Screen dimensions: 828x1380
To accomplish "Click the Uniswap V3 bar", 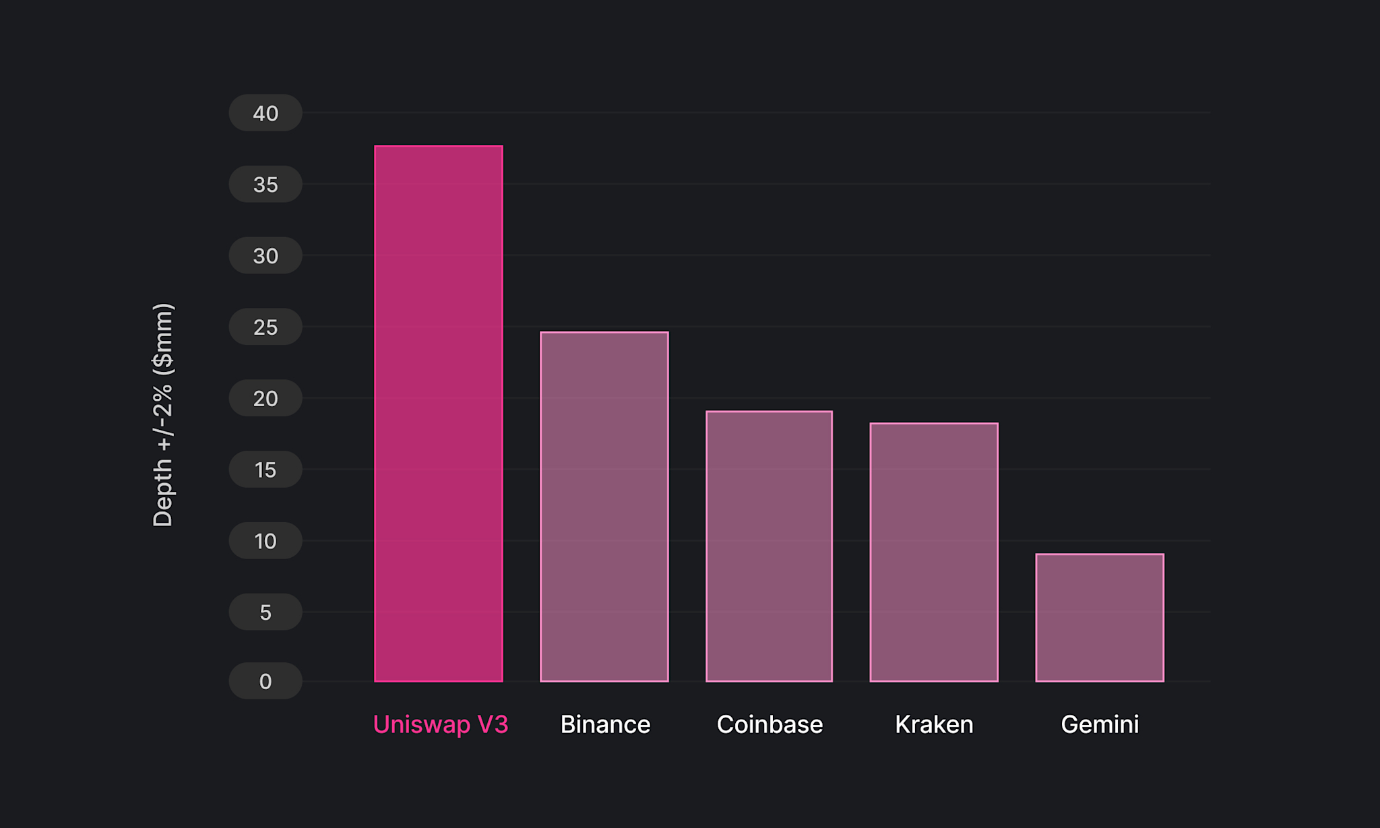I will [439, 414].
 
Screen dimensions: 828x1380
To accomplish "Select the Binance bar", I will [604, 507].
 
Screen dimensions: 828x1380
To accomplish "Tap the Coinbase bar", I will [770, 546].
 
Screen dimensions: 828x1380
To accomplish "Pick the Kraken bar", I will [934, 552].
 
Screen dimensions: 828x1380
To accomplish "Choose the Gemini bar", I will [1100, 618].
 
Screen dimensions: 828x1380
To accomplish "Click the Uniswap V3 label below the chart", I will [441, 725].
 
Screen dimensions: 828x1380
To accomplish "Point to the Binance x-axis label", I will [605, 725].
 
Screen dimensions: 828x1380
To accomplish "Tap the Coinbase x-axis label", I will [770, 725].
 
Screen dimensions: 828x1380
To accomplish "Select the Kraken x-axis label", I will [934, 725].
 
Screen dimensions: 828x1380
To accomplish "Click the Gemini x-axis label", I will [1100, 725].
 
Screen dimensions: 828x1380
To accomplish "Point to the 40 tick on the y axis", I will [265, 113].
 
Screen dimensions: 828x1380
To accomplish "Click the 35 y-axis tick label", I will [265, 185].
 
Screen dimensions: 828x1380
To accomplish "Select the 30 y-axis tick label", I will [265, 256].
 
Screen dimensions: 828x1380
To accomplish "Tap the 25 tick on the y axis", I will [265, 327].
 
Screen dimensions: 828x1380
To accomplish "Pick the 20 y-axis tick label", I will [265, 399].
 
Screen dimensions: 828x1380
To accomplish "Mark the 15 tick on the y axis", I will [265, 470].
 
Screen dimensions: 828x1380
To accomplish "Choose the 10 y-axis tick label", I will [265, 541].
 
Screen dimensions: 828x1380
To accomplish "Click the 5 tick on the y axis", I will [265, 612].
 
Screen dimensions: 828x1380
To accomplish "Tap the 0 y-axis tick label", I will [265, 681].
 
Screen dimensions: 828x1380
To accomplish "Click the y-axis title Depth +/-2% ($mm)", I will [163, 415].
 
